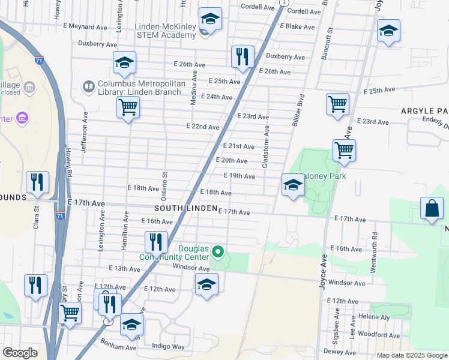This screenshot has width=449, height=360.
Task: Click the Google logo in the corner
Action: tap(20, 353)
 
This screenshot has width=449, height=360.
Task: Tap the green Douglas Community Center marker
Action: tap(218, 251)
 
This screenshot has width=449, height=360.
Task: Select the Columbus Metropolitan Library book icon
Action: tap(89, 88)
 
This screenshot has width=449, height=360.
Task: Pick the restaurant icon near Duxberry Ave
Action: tap(243, 57)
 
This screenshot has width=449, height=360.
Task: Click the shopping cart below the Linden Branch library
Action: tap(128, 108)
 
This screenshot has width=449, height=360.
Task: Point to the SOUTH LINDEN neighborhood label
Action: tap(185, 208)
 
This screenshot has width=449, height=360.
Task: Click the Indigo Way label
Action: tap(168, 346)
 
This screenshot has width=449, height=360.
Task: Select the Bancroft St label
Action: tap(330, 38)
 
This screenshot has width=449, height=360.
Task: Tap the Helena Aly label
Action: tap(374, 316)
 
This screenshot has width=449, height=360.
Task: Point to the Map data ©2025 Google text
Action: tap(411, 355)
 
